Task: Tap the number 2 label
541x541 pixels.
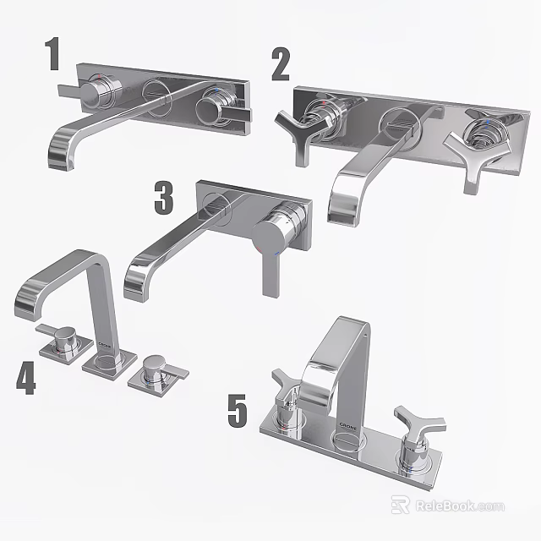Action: pyautogui.click(x=281, y=65)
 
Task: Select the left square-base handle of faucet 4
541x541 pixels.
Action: pyautogui.click(x=61, y=338)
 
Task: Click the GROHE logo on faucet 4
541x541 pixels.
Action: pyautogui.click(x=105, y=346)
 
